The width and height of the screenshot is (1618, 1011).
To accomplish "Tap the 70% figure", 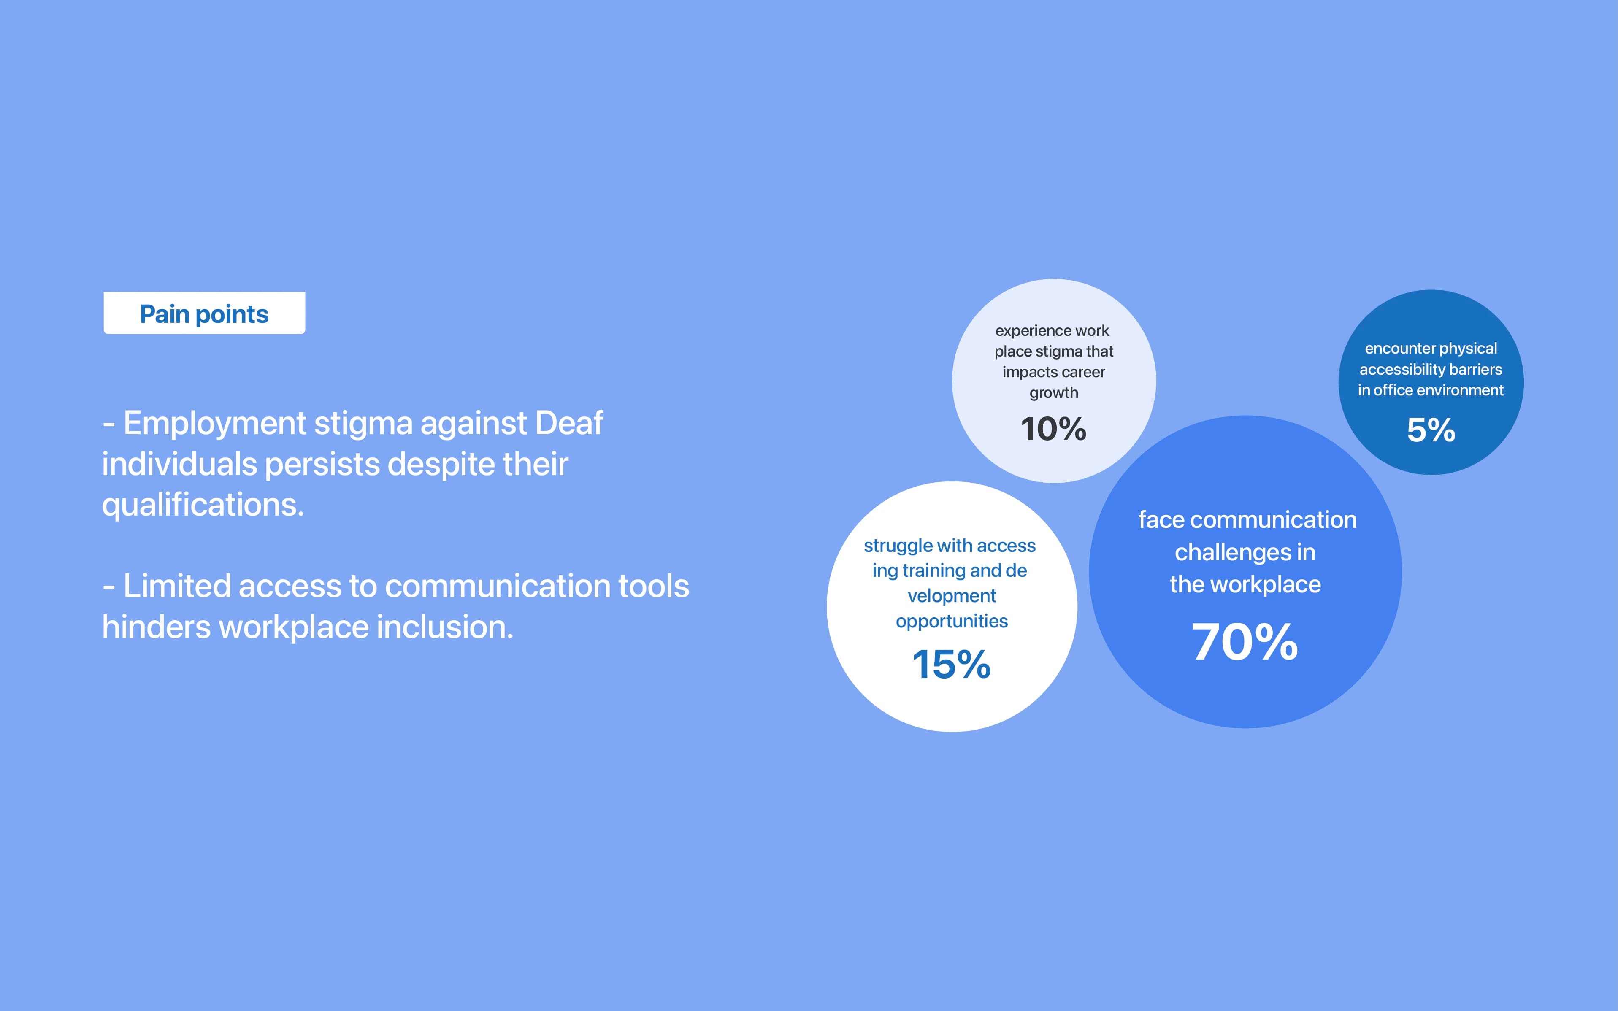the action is coord(1245,642).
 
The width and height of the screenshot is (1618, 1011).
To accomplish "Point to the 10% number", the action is coord(1054,429).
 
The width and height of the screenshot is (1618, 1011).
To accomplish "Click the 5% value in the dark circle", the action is coord(1431,430).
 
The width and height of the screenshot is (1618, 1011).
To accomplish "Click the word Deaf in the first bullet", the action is coord(569,423).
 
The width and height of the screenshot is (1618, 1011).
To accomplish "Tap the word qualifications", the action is coord(203,505).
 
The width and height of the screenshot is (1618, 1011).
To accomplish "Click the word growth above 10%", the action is coord(1054,393).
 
